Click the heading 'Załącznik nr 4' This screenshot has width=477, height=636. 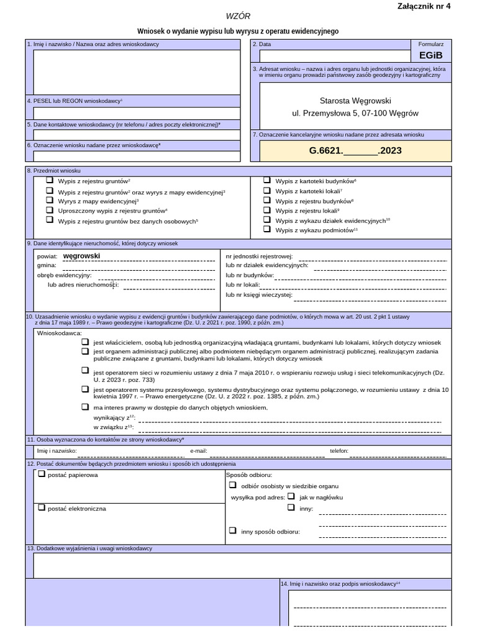point(424,6)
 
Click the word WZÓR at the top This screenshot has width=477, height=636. point(238,16)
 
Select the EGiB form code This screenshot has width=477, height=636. point(430,55)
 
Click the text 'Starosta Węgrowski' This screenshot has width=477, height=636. point(355,101)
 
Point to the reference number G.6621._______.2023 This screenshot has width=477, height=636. point(355,150)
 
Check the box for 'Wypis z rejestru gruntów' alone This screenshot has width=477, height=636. point(50,180)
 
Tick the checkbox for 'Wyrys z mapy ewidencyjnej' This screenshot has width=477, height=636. point(50,201)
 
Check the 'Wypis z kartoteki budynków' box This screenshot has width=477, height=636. point(267,180)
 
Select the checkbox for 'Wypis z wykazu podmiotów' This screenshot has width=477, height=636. point(267,229)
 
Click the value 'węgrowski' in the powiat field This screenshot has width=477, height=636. point(81,256)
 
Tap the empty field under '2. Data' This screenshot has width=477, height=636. point(330,55)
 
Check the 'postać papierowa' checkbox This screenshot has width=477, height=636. point(42,475)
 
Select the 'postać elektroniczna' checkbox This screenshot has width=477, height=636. point(42,507)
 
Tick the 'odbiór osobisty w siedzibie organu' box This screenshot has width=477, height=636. point(233,486)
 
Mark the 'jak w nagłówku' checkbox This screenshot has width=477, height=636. point(291,496)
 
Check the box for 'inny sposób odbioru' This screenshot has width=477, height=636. point(233,530)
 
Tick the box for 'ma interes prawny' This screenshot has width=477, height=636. point(85,407)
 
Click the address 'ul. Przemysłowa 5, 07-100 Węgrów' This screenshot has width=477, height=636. point(355,114)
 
